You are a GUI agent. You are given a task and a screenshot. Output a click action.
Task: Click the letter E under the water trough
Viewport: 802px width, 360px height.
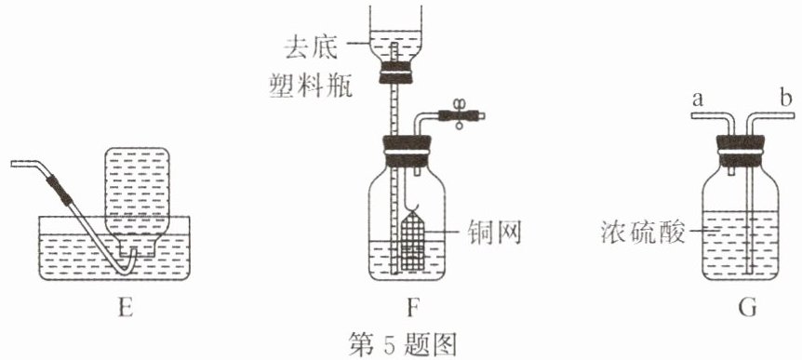point(126,308)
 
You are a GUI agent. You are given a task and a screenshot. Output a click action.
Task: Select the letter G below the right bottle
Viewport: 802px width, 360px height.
point(747,308)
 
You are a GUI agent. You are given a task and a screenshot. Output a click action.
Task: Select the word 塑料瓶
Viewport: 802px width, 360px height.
point(311,87)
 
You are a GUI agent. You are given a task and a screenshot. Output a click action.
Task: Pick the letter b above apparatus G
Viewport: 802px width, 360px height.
point(787,98)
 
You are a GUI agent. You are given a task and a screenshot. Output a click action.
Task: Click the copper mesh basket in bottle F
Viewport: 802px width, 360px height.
point(414,241)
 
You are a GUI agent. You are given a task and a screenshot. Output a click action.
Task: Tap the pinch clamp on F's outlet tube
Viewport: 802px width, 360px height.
point(459,114)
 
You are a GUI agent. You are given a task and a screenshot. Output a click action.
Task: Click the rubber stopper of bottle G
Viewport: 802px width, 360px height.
point(740,152)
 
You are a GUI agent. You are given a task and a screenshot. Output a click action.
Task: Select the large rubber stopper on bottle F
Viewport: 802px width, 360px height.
point(407,152)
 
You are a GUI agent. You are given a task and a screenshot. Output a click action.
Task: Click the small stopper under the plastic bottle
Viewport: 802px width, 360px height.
point(395,73)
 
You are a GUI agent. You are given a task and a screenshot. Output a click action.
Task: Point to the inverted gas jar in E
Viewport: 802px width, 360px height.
point(136,202)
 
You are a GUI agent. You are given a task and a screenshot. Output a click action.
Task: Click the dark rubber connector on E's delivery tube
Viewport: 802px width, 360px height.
point(58,190)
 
